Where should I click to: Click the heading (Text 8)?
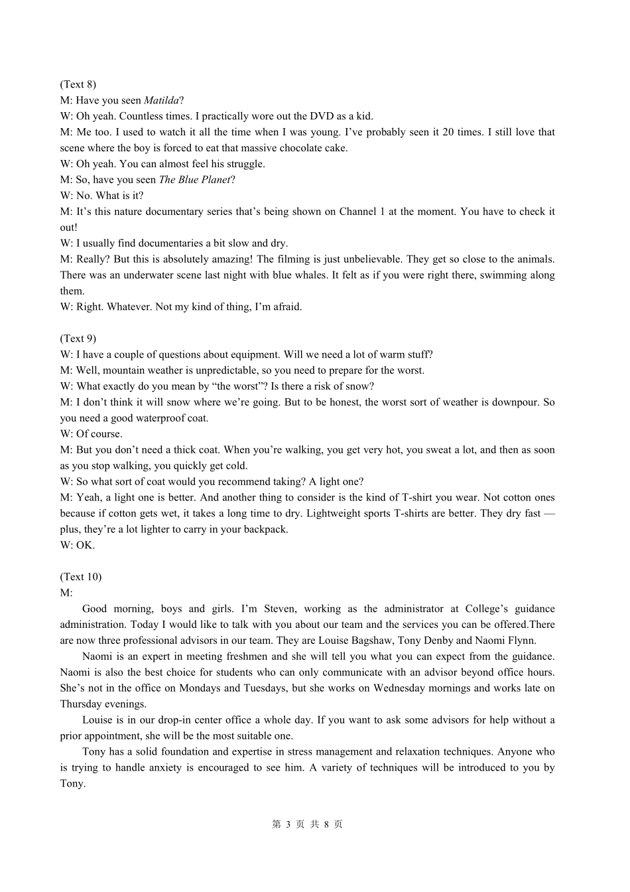pyautogui.click(x=78, y=84)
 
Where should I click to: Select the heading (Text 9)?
pyautogui.click(x=78, y=338)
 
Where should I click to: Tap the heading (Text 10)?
pyautogui.click(x=80, y=577)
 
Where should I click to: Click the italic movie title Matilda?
pyautogui.click(x=161, y=100)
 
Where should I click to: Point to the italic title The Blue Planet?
pyautogui.click(x=195, y=180)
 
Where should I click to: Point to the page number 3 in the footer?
pyautogui.click(x=287, y=824)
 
